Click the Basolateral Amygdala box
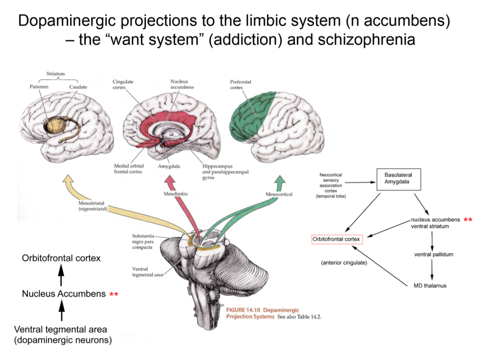coord(398,179)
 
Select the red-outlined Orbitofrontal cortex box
coord(337,239)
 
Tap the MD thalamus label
coord(430,286)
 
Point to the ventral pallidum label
coord(434,254)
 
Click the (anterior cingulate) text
coord(344,263)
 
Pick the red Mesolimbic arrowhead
coord(169,180)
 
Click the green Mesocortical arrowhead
coord(280,180)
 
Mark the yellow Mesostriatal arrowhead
coord(68,179)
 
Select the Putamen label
coord(39,87)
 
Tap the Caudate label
coord(78,87)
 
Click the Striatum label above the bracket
coord(55,74)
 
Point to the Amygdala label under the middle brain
coord(169,166)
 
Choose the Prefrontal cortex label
coord(240,85)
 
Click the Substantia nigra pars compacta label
coord(143,242)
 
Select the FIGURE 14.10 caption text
coord(263,313)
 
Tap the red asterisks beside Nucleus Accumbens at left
coord(114,294)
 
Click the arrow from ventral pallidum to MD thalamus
coord(432,270)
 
